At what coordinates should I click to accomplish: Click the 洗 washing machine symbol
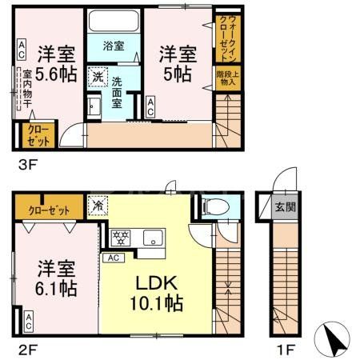(97, 78)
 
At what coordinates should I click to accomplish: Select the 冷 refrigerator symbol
(98, 205)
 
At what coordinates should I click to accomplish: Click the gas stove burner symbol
(122, 237)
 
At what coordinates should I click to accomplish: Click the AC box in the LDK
(114, 258)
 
